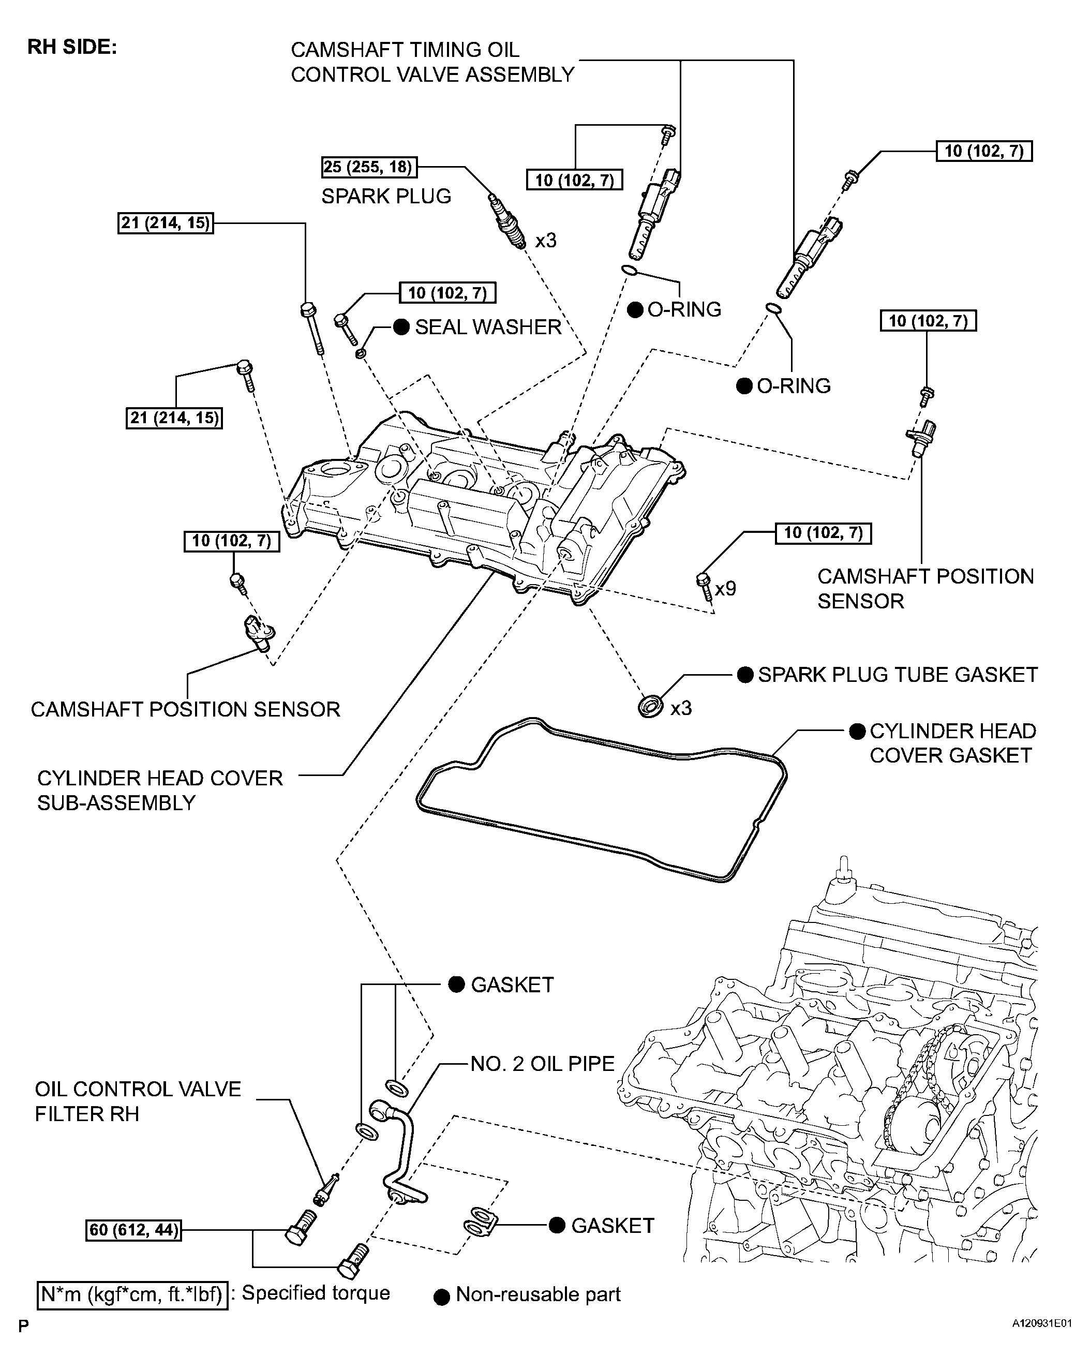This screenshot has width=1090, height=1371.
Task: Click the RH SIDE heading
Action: coord(72,48)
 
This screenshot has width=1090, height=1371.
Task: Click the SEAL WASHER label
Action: coord(488,327)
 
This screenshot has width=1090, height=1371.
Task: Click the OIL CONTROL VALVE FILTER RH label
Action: coord(138,1101)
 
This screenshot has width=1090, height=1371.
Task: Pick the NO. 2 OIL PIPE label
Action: coord(543,1064)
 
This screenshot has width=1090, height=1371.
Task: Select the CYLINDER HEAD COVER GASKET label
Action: coord(952,743)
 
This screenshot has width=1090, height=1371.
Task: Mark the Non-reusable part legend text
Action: coord(538,1295)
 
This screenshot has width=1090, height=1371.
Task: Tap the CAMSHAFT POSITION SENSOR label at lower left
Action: coord(185,709)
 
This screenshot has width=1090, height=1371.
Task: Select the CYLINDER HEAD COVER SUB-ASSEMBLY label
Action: coord(160,791)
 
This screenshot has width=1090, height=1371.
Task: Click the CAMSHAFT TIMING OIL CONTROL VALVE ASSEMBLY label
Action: coord(432,62)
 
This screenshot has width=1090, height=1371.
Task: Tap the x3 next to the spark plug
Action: coord(546,241)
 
